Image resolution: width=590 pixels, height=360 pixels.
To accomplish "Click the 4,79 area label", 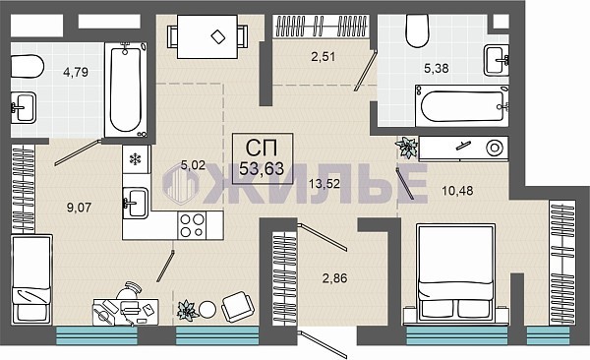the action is (76, 72).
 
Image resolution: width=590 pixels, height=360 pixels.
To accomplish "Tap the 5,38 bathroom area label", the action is (436, 68).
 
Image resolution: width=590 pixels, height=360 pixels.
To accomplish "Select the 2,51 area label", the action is (323, 56).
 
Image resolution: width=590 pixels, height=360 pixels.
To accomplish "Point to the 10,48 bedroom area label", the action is (457, 191).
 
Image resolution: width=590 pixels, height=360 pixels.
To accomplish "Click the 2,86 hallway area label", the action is (335, 278).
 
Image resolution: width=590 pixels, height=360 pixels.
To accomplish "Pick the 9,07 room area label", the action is (79, 208).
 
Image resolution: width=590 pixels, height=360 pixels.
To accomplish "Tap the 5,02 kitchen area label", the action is (193, 165).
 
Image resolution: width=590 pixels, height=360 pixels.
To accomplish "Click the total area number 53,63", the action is (262, 169).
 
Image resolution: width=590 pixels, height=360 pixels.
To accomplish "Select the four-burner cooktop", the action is (193, 225).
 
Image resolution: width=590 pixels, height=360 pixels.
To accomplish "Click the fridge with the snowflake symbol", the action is (136, 159).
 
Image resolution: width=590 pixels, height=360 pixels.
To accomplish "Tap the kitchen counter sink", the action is (136, 204).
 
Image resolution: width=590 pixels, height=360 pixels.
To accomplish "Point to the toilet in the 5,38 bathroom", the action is (417, 30).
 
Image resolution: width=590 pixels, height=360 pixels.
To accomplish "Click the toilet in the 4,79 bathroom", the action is (28, 67).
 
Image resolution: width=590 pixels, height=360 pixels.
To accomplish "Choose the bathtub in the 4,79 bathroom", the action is (125, 90).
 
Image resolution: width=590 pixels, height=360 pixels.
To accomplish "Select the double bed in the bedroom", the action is (456, 274).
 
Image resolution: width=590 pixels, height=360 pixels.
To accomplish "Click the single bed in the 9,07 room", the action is (31, 278).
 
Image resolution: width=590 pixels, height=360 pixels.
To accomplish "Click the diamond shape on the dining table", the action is (218, 37).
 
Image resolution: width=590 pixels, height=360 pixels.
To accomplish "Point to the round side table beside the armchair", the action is (207, 310).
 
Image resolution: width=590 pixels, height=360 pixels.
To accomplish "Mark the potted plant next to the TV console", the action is (407, 148).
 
